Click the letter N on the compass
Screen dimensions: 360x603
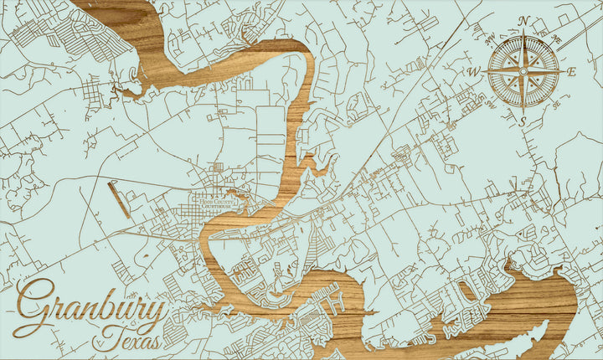tap(525, 21)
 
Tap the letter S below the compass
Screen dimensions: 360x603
tap(523, 122)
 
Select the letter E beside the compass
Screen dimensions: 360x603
tap(572, 72)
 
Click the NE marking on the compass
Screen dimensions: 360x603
tap(557, 39)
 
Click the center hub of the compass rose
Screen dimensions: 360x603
tap(523, 72)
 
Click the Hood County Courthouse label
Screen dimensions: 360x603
tap(214, 202)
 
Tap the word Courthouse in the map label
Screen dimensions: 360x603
tap(216, 205)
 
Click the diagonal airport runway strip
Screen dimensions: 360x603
tap(119, 200)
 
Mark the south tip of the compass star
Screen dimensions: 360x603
tap(523, 113)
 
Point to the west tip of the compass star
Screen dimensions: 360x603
tap(484, 72)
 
